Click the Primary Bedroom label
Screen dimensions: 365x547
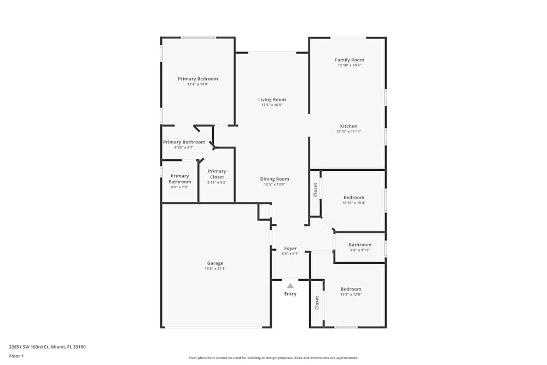pos(197,79)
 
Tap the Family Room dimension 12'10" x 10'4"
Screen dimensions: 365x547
pos(349,65)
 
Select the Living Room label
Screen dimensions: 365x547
pos(272,100)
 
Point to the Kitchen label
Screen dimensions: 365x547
pos(348,126)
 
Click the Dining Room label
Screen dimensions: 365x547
pos(274,179)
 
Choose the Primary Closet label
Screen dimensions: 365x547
pos(217,171)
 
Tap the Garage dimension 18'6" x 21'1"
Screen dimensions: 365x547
pos(215,268)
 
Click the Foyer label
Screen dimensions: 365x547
pos(290,248)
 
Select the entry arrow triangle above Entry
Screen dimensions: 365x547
pos(290,286)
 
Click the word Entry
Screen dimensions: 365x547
pos(290,294)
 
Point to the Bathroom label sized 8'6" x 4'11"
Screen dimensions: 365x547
pos(360,245)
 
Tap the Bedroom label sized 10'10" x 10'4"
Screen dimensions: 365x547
pos(353,198)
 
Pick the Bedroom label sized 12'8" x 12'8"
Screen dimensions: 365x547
pos(351,289)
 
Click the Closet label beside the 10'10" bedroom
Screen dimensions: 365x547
pos(316,190)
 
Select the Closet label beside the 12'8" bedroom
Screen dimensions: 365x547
pos(317,303)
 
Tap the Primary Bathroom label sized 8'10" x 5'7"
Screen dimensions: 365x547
pos(184,142)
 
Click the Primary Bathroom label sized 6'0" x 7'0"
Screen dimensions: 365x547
pos(179,179)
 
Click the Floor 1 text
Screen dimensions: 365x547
pos(16,356)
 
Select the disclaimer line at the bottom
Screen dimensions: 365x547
pos(273,358)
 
